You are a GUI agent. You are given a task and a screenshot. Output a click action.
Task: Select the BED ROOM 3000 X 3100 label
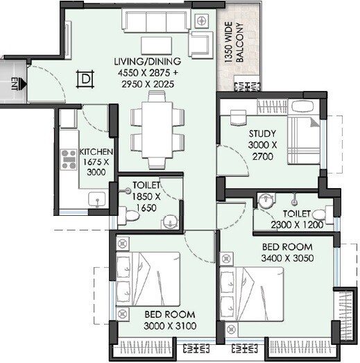[169, 320]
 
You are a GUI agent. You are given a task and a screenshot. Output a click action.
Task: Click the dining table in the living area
[157, 132]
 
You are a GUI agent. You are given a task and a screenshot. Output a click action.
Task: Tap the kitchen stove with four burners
[69, 160]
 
